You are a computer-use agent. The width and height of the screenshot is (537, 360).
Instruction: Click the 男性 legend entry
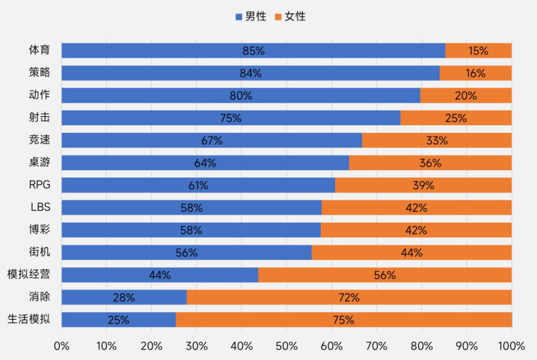(250, 16)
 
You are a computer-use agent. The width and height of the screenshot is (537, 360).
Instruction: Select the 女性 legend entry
(291, 16)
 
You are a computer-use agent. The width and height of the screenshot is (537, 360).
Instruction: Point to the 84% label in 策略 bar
(250, 73)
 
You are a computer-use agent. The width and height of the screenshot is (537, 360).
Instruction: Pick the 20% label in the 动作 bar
(466, 96)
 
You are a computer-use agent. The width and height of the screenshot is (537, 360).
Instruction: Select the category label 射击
(39, 118)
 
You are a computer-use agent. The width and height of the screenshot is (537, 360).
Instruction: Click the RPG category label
(39, 185)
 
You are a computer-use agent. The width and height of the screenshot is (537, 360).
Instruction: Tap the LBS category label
(40, 207)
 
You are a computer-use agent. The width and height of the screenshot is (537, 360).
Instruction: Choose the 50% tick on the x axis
(287, 346)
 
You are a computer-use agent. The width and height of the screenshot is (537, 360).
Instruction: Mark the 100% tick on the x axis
(511, 346)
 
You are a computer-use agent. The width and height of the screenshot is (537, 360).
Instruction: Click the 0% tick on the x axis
(62, 346)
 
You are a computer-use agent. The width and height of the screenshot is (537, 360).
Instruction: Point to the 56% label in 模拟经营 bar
(385, 275)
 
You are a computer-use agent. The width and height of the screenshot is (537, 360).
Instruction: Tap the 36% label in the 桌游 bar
(430, 163)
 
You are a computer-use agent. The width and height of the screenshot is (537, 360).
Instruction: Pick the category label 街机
(39, 252)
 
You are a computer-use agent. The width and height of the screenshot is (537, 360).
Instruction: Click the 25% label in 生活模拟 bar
(118, 320)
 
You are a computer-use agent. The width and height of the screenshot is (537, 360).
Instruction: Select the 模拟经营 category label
(28, 274)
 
